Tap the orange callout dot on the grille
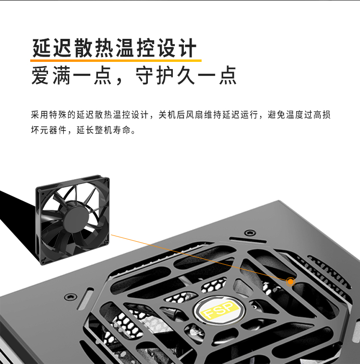click(x=290, y=282)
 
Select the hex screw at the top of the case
click(x=250, y=232)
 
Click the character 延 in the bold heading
click(x=41, y=48)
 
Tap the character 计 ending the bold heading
click(x=187, y=48)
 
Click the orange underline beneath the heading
click(x=116, y=60)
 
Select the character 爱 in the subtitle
click(x=40, y=75)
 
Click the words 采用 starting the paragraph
click(x=39, y=115)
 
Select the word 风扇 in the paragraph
click(x=194, y=115)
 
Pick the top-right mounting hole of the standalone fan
click(x=107, y=180)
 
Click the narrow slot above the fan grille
click(x=248, y=240)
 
